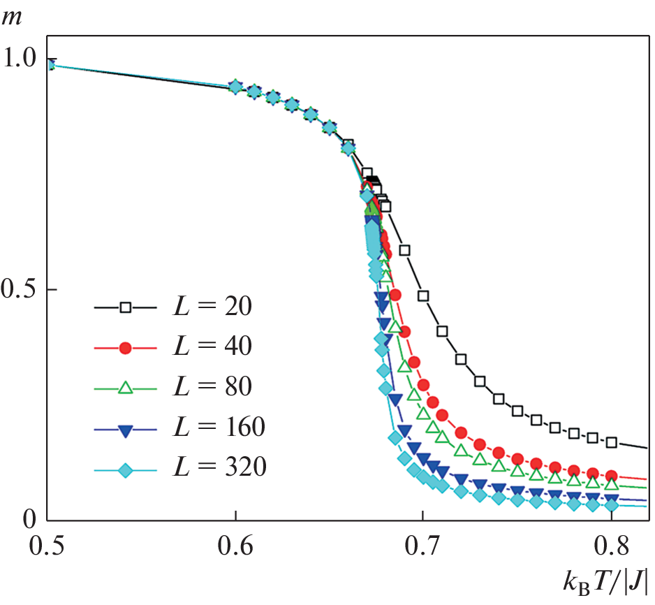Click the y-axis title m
(x=13, y=16)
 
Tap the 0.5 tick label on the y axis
(x=21, y=289)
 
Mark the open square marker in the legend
(x=126, y=307)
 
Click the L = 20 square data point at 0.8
(x=611, y=442)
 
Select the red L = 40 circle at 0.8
(x=611, y=476)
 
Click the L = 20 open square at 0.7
(x=423, y=296)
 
